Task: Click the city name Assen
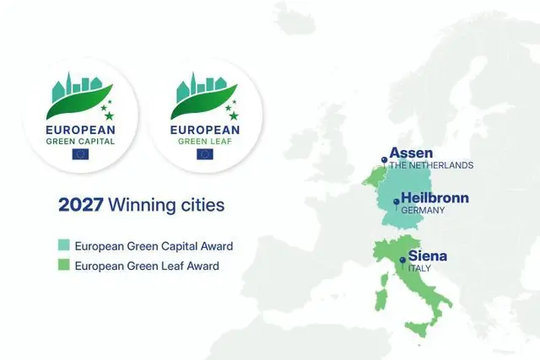(411, 153)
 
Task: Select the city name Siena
(428, 255)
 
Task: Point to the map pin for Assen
(384, 159)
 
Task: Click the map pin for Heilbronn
(396, 202)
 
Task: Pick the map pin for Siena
(402, 261)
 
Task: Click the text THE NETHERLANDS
(431, 165)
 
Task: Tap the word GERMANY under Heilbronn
(423, 210)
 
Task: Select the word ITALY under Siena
(419, 268)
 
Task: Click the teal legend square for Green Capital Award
(63, 246)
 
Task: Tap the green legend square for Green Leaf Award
(63, 266)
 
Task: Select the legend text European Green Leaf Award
(147, 266)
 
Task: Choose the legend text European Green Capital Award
(154, 246)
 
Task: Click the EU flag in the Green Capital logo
(81, 153)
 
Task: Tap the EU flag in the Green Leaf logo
(204, 153)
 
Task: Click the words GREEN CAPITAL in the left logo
(81, 141)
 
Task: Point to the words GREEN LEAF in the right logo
(204, 141)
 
